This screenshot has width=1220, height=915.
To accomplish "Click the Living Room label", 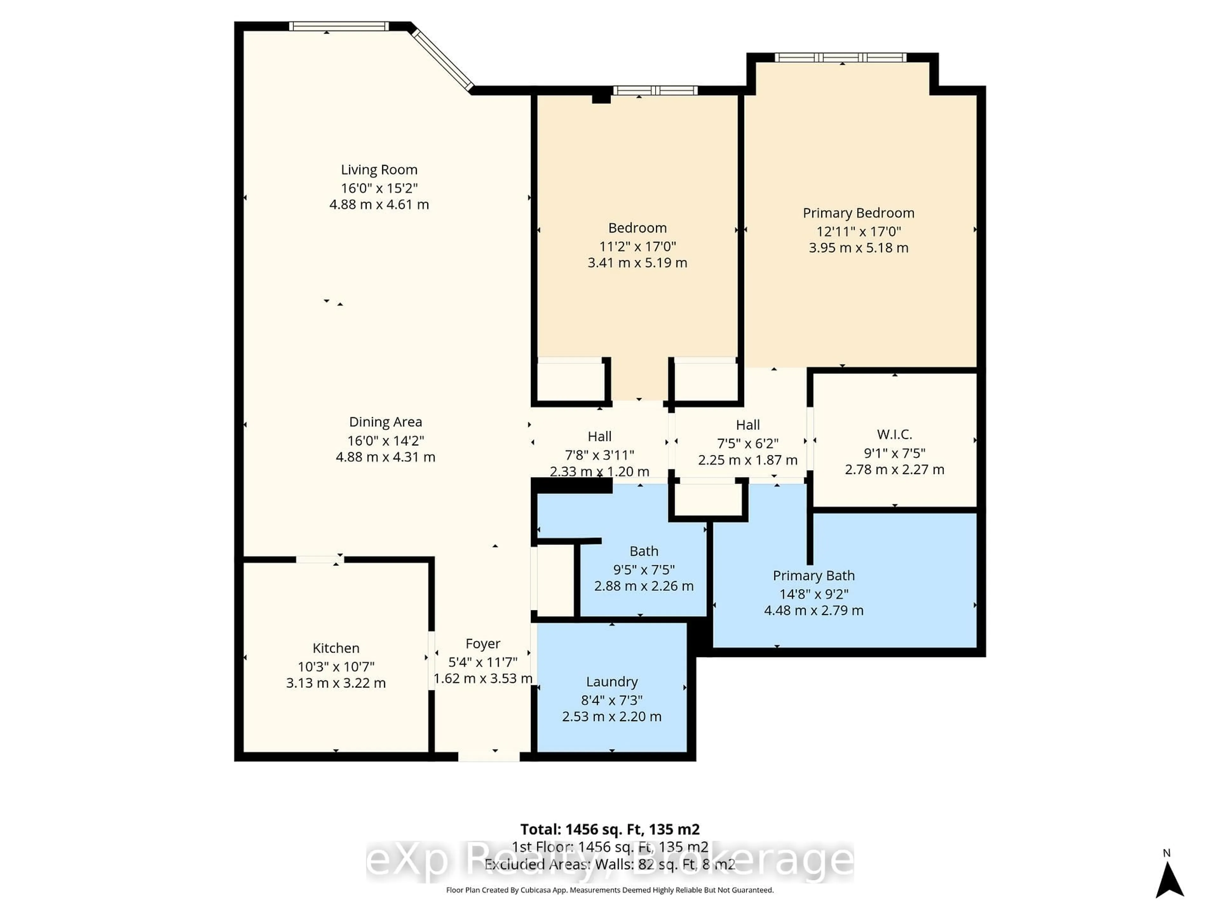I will click(x=379, y=170).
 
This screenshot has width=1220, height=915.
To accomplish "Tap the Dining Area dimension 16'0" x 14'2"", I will click(x=385, y=441).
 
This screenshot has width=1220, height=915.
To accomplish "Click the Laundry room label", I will click(x=612, y=682).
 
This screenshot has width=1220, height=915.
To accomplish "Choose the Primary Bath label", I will click(x=814, y=576).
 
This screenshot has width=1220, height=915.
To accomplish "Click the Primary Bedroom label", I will click(x=858, y=213).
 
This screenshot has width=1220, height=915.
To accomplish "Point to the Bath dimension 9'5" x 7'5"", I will click(x=644, y=570).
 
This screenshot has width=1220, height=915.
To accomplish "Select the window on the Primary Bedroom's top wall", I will click(x=840, y=58).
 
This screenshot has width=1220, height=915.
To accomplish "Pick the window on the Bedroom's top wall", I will click(x=655, y=91).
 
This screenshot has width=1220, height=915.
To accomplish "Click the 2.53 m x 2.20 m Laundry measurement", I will click(x=612, y=716).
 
